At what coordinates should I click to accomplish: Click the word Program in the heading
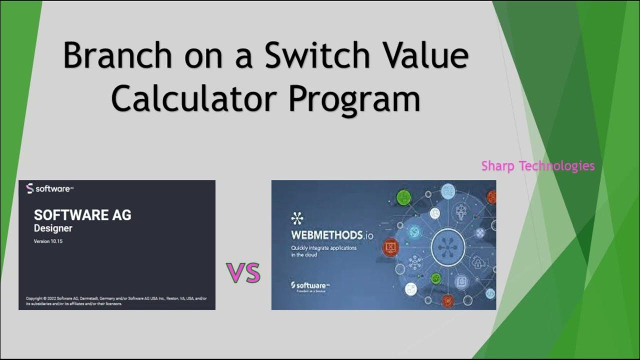[x=353, y=99]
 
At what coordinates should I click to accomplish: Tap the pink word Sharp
[x=498, y=166]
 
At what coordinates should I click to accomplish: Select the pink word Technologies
[x=557, y=165]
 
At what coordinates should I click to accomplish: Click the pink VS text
[x=243, y=272]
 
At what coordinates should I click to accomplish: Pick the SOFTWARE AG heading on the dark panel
[x=82, y=215]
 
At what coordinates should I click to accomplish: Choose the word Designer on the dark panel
[x=53, y=228]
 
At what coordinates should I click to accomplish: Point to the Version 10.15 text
[x=48, y=241]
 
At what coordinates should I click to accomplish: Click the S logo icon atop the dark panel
[x=29, y=189]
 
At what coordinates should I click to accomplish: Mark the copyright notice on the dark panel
[x=116, y=300]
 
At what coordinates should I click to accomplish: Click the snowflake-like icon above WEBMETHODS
[x=297, y=218]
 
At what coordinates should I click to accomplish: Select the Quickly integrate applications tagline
[x=323, y=251]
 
